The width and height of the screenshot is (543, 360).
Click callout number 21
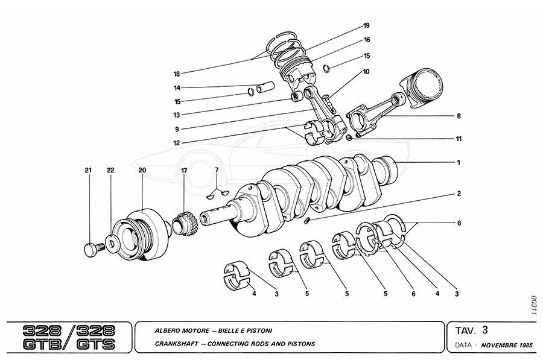point(88,171)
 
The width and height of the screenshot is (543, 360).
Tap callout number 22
point(110,171)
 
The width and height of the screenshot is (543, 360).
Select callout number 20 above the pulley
point(142,171)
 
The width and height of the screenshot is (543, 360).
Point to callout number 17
point(184,171)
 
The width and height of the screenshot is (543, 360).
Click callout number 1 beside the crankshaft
point(459,162)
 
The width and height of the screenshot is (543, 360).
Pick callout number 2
point(459,194)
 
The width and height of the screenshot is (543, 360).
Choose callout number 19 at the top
point(366,25)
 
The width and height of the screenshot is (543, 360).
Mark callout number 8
point(459,116)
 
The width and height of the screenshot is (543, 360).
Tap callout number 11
point(459,139)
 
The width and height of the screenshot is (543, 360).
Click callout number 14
point(177,87)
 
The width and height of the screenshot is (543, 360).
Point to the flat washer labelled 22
point(112,243)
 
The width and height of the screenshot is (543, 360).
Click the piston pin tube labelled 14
point(265,89)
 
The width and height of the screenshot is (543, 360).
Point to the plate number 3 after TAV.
point(484,330)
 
